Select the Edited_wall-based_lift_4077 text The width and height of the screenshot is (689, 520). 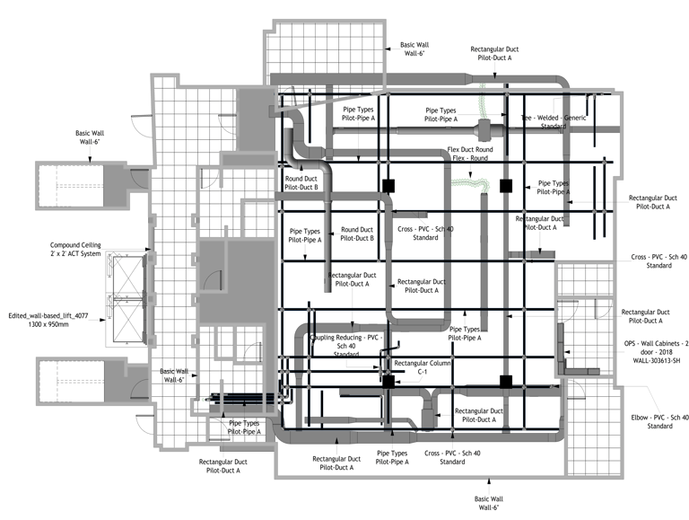[x=50, y=316]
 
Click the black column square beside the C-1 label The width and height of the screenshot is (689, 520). [x=388, y=382]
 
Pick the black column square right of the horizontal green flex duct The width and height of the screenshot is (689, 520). [x=504, y=186]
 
